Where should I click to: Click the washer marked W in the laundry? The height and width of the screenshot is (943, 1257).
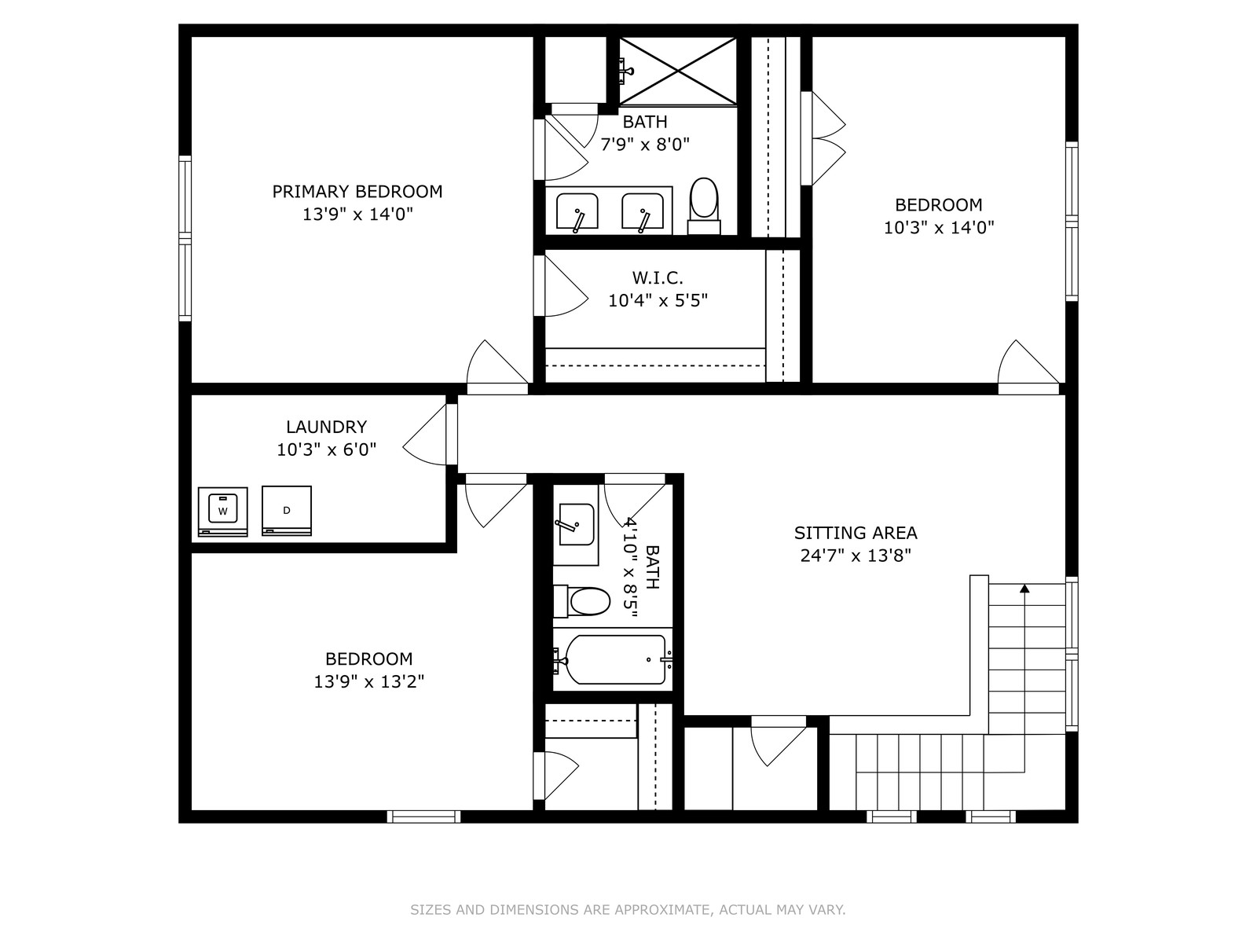click(x=223, y=512)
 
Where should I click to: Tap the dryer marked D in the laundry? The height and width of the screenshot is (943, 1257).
click(x=287, y=511)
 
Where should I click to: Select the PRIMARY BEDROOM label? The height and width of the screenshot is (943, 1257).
click(x=357, y=191)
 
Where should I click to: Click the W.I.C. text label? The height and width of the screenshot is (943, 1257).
click(x=658, y=278)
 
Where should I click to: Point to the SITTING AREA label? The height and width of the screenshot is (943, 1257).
click(x=856, y=533)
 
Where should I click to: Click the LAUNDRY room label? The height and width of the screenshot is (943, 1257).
click(x=326, y=427)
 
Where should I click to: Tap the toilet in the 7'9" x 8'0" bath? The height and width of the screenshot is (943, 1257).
click(x=704, y=206)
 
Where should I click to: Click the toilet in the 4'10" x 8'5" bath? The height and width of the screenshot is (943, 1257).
click(x=581, y=602)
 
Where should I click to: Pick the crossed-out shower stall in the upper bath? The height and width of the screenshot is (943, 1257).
click(x=678, y=71)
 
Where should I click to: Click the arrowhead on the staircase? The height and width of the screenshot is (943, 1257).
click(x=1024, y=588)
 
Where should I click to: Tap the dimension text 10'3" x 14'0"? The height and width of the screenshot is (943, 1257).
click(x=939, y=228)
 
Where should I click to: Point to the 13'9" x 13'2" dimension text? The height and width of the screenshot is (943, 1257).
click(x=368, y=682)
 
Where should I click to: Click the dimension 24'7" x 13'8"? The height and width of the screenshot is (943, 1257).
click(x=856, y=556)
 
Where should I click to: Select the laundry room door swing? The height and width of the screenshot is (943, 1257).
click(x=423, y=435)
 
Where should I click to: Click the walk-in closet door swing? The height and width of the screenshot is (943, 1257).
click(x=564, y=286)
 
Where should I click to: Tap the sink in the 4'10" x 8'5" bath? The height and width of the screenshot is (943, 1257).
click(x=576, y=524)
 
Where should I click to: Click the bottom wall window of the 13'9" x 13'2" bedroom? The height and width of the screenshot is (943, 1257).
click(x=423, y=817)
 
